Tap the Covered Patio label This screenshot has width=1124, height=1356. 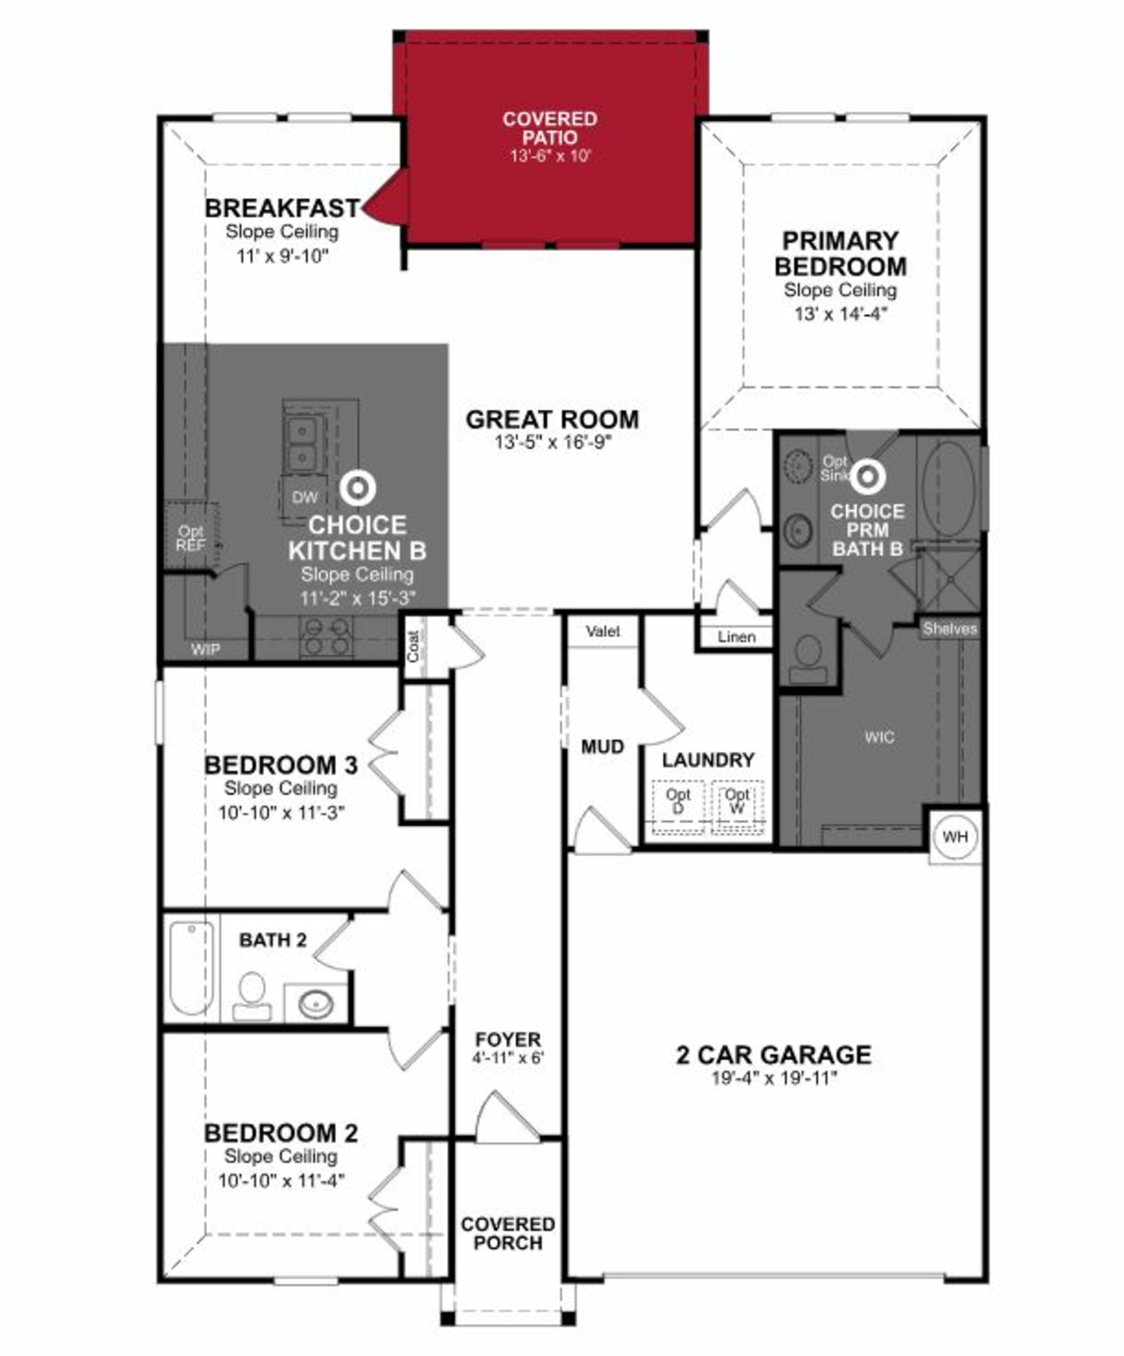(549, 129)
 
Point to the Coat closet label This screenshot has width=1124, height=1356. (413, 646)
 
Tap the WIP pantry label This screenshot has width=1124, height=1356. (205, 649)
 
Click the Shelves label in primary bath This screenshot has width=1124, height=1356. (949, 628)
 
